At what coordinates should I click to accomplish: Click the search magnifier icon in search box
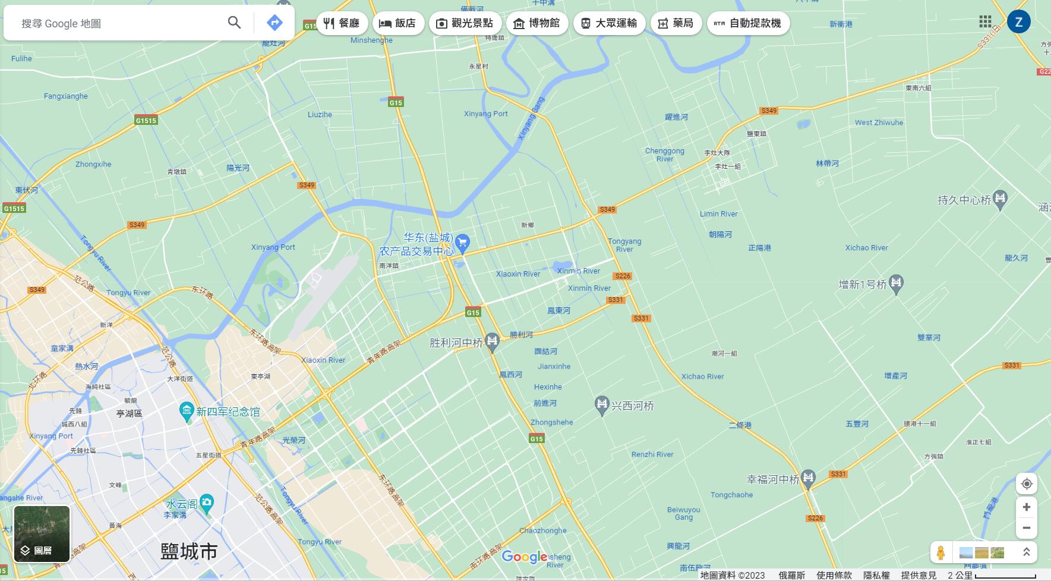(x=234, y=23)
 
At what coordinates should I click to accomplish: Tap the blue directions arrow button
(x=274, y=23)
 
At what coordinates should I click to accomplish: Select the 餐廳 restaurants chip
(x=342, y=23)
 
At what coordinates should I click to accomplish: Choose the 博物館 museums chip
(x=536, y=23)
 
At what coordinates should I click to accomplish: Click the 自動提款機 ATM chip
(x=747, y=23)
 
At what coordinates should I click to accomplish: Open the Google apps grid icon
(x=985, y=22)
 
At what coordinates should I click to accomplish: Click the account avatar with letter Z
(x=1018, y=22)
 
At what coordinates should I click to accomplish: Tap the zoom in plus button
(x=1026, y=507)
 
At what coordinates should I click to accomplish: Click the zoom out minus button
(x=1026, y=527)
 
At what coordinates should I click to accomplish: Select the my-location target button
(x=1026, y=484)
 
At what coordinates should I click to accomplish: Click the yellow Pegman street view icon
(x=940, y=552)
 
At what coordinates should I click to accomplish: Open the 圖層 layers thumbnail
(x=42, y=533)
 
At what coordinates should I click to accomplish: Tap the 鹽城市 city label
(x=189, y=551)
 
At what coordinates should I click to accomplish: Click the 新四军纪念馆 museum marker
(x=187, y=411)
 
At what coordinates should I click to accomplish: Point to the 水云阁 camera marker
(x=207, y=503)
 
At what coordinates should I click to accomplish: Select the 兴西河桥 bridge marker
(x=602, y=405)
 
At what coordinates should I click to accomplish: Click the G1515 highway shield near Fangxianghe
(x=146, y=120)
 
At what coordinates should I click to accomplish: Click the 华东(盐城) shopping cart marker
(x=462, y=242)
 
